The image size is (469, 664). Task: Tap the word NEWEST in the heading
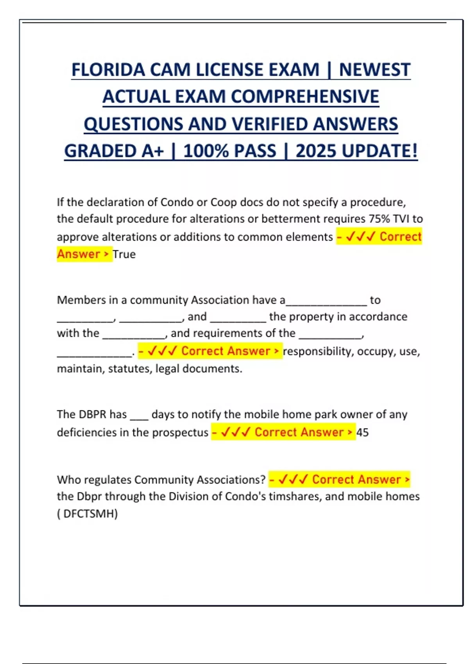374,70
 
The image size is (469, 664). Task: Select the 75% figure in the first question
379,219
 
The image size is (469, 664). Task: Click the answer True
124,254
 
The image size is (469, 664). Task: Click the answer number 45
362,433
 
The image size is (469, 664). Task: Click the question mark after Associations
263,480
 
